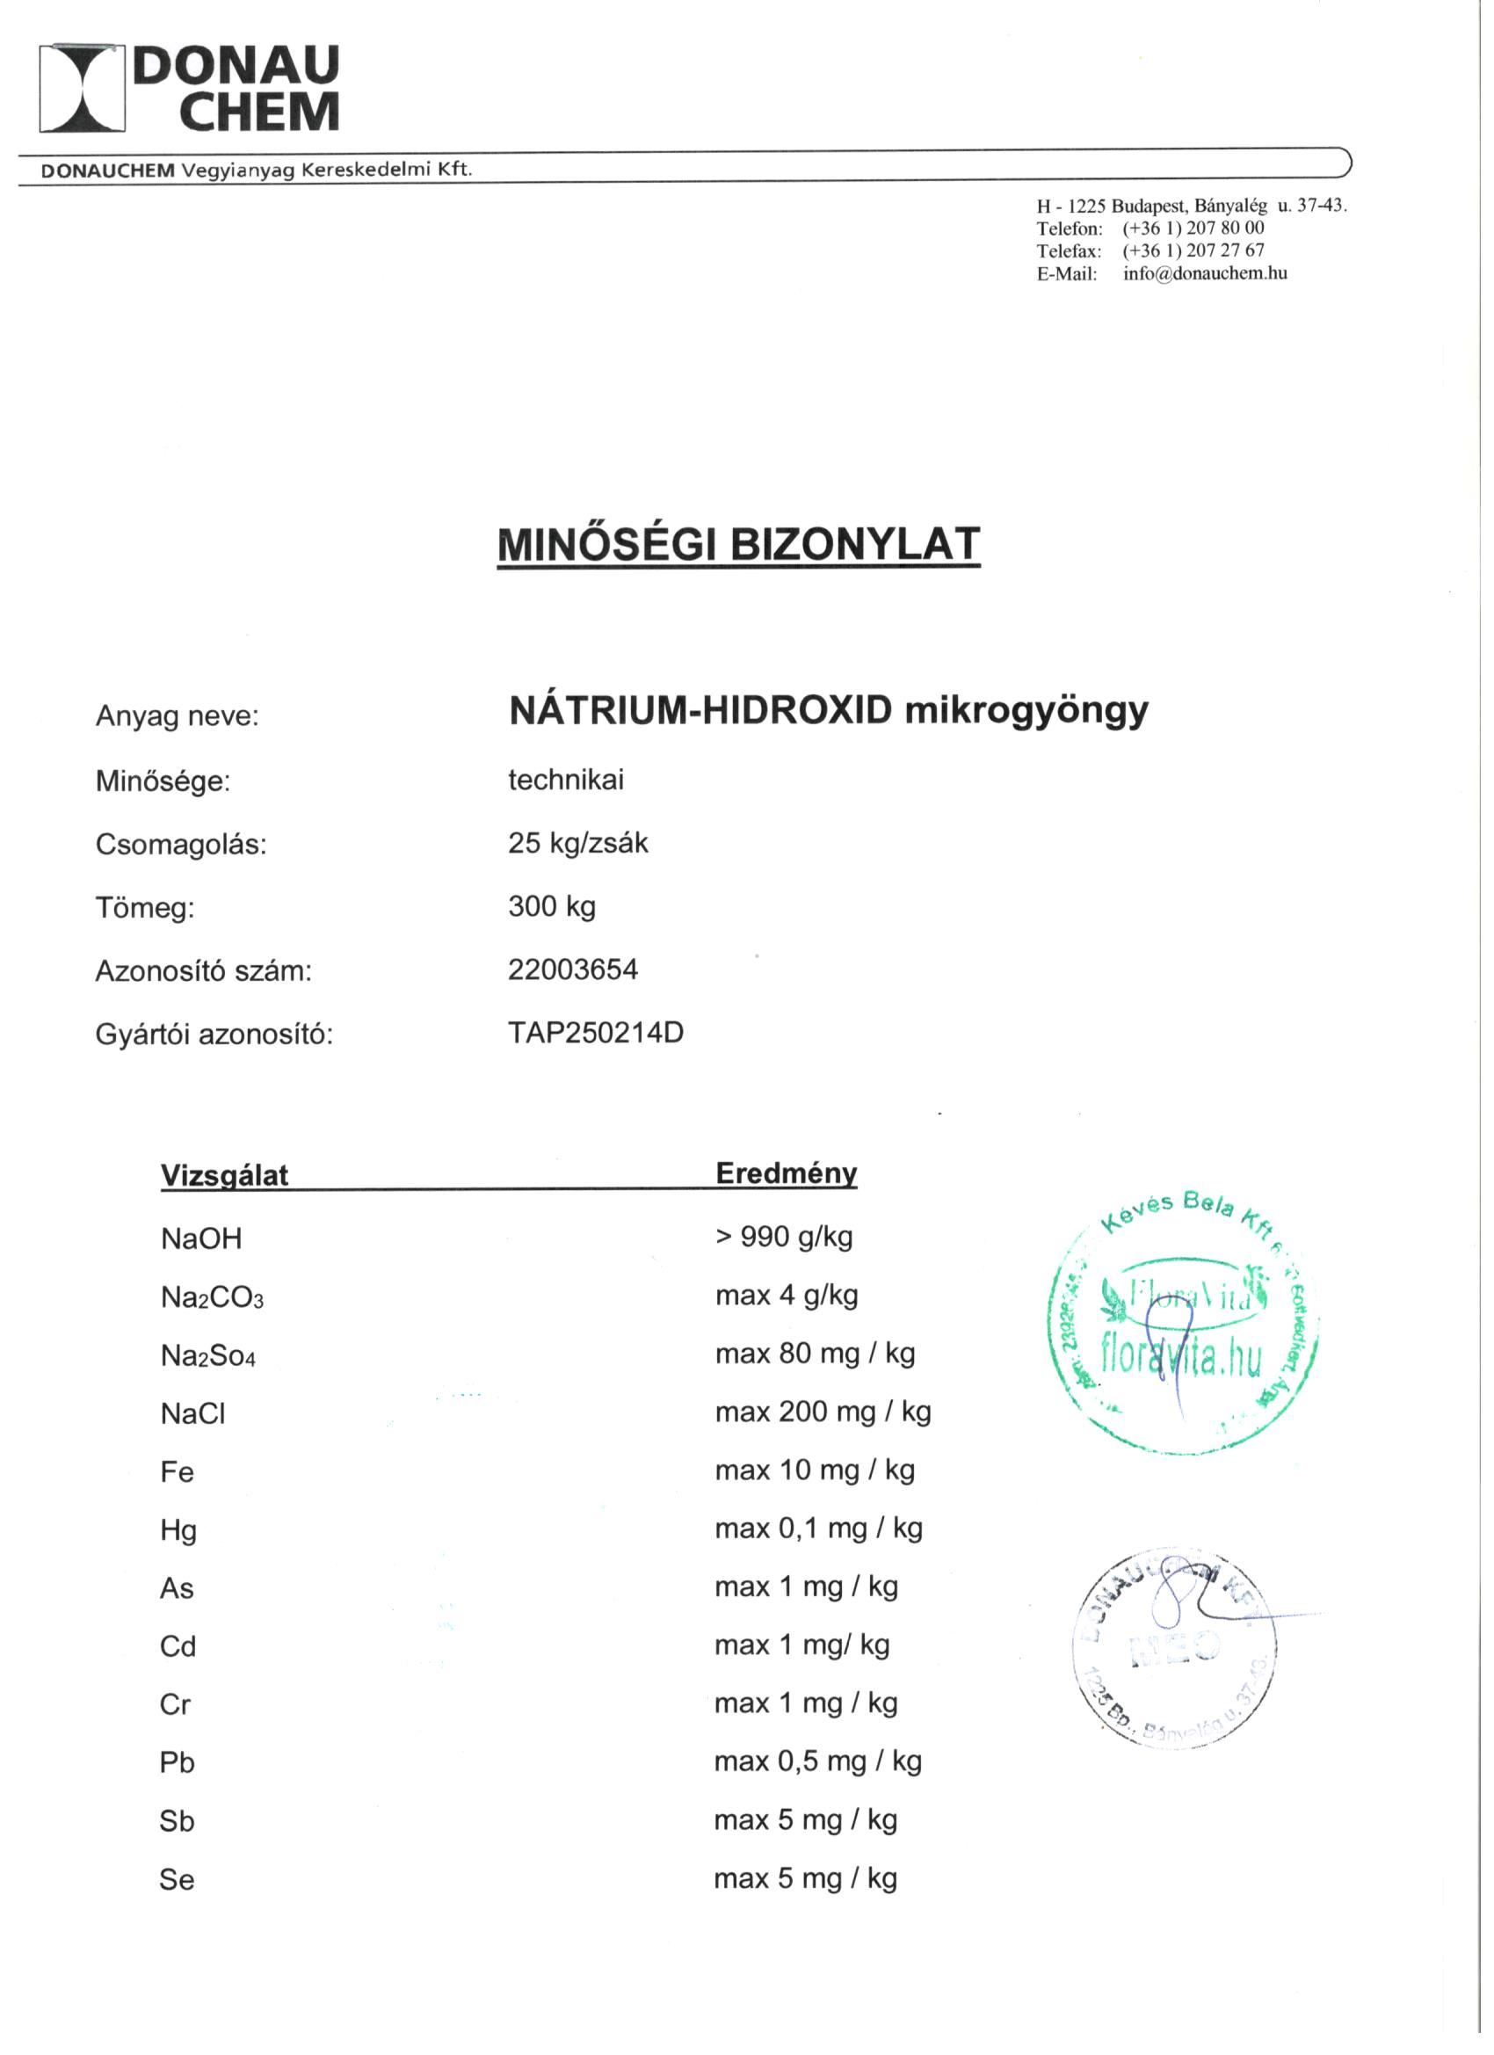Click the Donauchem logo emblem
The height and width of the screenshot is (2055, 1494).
coord(83,88)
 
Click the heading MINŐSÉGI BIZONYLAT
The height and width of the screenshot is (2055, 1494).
coord(738,544)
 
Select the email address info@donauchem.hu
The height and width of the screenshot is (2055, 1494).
coord(1204,273)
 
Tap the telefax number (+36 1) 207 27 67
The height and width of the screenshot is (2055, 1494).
coord(1193,251)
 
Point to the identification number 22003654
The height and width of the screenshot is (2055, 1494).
coord(573,969)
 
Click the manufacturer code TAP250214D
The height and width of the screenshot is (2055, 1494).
coord(595,1033)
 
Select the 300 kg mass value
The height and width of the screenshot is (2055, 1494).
coord(552,906)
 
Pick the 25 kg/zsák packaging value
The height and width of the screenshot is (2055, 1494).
coord(578,843)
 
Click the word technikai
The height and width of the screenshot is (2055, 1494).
coord(565,781)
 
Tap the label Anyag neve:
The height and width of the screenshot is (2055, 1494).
coord(178,716)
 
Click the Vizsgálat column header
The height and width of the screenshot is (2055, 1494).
coord(224,1175)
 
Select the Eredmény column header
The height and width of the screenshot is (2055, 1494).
coord(786,1173)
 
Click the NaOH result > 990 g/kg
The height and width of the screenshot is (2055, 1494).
coord(784,1237)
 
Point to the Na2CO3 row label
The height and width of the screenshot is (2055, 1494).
coord(212,1297)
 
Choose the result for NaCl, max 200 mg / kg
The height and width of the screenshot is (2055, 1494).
coord(823,1412)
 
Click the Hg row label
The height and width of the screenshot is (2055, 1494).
coord(178,1530)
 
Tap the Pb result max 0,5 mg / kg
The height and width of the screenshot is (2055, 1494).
coord(817,1761)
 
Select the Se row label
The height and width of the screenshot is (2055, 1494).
coord(177,1880)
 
